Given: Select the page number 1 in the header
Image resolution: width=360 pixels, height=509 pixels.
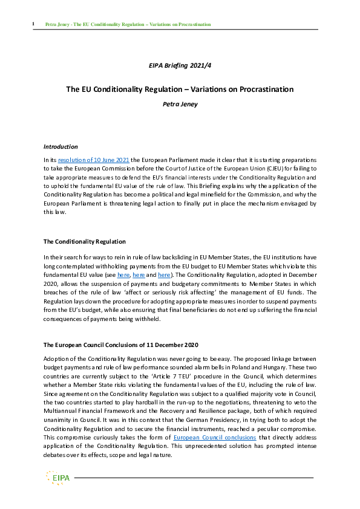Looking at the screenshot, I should pos(33,24).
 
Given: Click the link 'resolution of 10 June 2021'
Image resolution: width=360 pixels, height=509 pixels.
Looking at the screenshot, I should pos(82,159).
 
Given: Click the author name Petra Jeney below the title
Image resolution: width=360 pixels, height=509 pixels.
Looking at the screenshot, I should pos(180,103).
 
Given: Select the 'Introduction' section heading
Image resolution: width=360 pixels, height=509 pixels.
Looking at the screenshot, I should pos(61,146).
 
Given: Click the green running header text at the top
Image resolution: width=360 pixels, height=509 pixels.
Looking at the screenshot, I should pos(128,25).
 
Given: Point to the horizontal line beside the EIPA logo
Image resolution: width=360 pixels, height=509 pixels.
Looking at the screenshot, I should pos(194,478).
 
